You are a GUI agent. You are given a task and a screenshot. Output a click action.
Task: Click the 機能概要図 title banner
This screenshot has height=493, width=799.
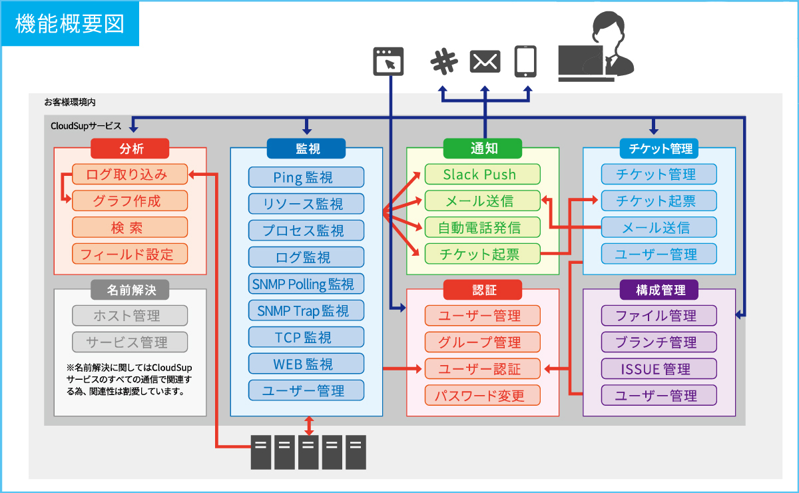click(69, 23)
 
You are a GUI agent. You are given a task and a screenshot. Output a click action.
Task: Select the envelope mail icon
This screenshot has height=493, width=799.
click(485, 61)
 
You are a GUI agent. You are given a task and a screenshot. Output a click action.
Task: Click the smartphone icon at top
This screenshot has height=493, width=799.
click(526, 61)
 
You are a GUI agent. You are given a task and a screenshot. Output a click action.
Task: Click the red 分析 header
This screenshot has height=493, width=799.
click(131, 148)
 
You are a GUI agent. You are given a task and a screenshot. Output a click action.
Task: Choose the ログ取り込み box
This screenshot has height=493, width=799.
click(130, 175)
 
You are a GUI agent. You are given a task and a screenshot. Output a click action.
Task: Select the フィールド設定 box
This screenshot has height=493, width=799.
click(130, 254)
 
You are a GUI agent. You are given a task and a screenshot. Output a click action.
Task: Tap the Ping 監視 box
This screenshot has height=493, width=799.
click(306, 177)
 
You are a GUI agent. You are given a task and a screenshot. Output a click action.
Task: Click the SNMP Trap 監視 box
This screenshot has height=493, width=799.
click(306, 310)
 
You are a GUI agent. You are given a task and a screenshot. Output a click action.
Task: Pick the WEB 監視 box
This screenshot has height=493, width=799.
click(306, 364)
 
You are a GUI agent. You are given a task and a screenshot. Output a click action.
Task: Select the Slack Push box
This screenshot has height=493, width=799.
click(483, 175)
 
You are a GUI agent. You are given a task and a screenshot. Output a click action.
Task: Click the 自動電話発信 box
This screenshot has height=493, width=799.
click(483, 227)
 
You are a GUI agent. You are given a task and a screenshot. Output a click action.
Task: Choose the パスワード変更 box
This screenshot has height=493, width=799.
click(483, 395)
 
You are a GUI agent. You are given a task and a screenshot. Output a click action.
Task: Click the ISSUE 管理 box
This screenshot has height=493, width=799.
click(659, 368)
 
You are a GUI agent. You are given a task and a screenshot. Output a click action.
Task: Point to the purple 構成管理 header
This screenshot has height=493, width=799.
click(659, 289)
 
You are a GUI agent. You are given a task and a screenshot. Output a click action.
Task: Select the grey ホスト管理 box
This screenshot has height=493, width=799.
click(130, 315)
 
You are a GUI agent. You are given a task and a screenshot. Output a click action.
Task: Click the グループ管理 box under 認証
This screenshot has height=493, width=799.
click(483, 342)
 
